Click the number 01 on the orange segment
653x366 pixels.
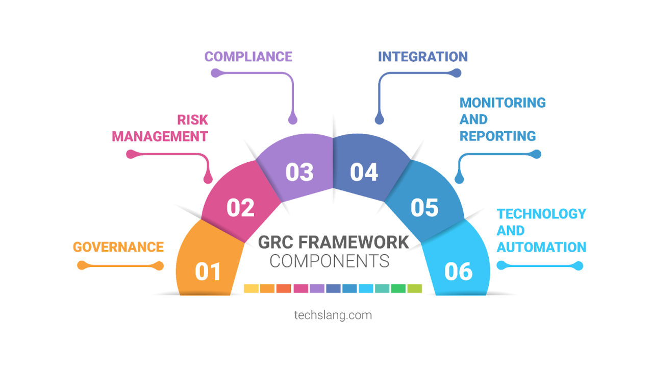tap(208, 272)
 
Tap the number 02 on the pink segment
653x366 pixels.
tap(240, 208)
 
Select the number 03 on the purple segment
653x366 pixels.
tap(299, 173)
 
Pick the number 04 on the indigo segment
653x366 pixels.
tap(364, 173)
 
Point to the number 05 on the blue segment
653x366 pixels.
tap(424, 208)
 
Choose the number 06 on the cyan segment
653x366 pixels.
tap(458, 272)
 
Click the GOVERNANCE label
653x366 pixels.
tap(118, 247)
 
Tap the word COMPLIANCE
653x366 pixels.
tap(248, 56)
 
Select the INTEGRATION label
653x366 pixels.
tap(422, 56)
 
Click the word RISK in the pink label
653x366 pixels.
tap(192, 120)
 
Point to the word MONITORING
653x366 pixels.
tap(503, 103)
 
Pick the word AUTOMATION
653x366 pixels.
tap(541, 247)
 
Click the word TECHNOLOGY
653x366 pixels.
tap(541, 213)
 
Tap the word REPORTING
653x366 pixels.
tap(497, 136)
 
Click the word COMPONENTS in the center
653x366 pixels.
tap(329, 261)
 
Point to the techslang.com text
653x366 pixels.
tap(333, 315)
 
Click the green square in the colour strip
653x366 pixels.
tap(398, 288)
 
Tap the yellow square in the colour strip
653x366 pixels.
tap(251, 288)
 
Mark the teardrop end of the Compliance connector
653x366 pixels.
tap(292, 119)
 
